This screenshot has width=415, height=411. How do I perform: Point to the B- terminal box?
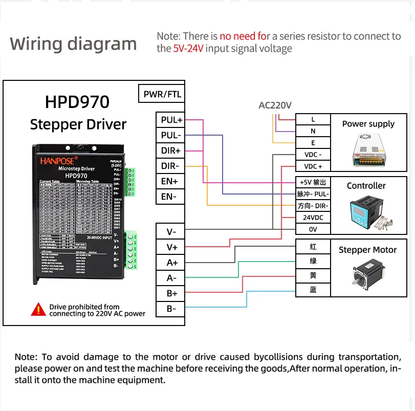[171, 308]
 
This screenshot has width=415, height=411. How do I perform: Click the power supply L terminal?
[313, 119]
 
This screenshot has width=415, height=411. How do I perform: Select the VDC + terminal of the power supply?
[313, 166]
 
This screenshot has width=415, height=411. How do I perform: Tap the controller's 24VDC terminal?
[313, 218]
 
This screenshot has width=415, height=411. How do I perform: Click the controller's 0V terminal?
[313, 229]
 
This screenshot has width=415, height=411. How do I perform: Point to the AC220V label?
[275, 105]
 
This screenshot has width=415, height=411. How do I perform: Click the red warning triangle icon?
[38, 309]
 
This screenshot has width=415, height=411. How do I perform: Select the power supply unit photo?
[368, 148]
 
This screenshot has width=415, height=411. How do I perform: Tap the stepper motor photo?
[367, 274]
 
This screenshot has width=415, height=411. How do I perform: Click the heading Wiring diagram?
[73, 44]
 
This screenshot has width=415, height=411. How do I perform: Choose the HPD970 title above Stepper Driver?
[77, 101]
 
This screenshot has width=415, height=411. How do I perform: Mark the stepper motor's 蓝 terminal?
[313, 290]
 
